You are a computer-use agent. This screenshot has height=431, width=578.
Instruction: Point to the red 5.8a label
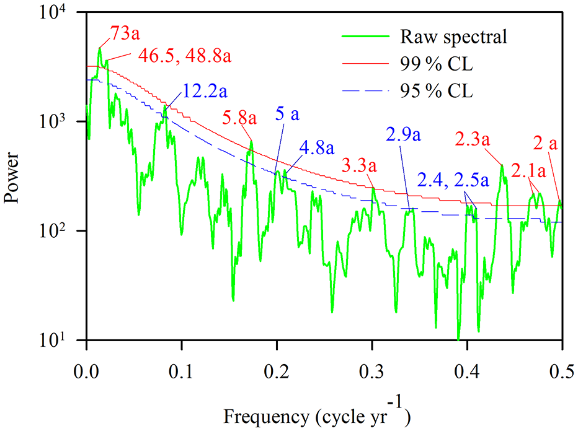coord(239,116)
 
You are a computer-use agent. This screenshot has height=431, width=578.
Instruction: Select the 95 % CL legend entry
coord(437,92)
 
